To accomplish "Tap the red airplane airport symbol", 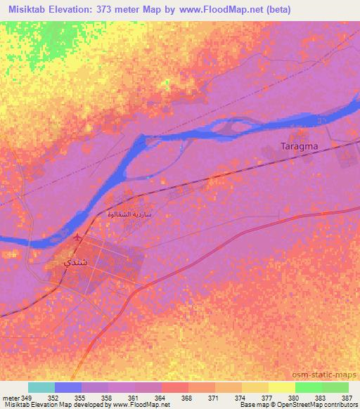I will pos(77,236).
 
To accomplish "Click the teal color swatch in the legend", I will pos(41,387).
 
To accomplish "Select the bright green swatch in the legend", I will pos(308,387).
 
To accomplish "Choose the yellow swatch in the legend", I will pos(281,387).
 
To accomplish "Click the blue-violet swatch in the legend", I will pos(68,387).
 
